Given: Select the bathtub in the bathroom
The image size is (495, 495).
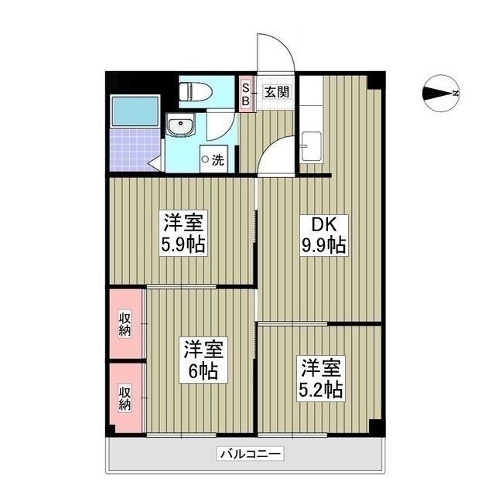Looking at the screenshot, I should (135, 111).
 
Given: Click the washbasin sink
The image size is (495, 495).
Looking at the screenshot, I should (179, 125).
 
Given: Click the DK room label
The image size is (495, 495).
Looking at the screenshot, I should (323, 225).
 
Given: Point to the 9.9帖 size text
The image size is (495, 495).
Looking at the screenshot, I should (323, 246).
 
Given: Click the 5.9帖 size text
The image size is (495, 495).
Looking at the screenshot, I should (183, 247).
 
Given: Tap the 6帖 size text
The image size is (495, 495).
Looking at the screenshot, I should (201, 370).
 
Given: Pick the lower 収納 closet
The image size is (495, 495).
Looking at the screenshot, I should (125, 398).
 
